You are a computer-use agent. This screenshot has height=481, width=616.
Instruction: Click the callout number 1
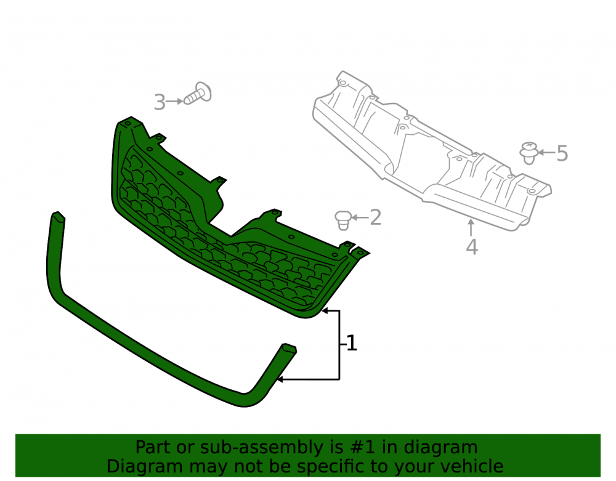[x=352, y=343]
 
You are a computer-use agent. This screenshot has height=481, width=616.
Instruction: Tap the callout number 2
[x=376, y=217]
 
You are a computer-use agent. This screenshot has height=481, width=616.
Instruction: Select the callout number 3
[x=160, y=102]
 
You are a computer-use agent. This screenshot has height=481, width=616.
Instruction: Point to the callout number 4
[x=472, y=247]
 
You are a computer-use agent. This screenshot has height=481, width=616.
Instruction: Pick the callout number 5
[x=562, y=153]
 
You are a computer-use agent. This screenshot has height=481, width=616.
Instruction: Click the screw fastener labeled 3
[x=198, y=94]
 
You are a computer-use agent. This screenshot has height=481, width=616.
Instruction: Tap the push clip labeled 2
[x=343, y=220]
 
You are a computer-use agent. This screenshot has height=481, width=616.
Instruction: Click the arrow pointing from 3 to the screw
[x=174, y=101]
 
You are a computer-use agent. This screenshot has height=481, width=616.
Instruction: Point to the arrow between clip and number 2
[x=360, y=217]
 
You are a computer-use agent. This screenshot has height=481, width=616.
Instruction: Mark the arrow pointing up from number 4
[x=471, y=228]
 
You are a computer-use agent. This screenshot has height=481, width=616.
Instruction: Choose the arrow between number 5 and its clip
[x=546, y=152]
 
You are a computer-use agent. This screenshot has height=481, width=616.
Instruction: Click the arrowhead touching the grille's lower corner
[x=325, y=310]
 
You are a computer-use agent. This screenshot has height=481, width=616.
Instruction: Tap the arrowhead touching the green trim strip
[x=280, y=380]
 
